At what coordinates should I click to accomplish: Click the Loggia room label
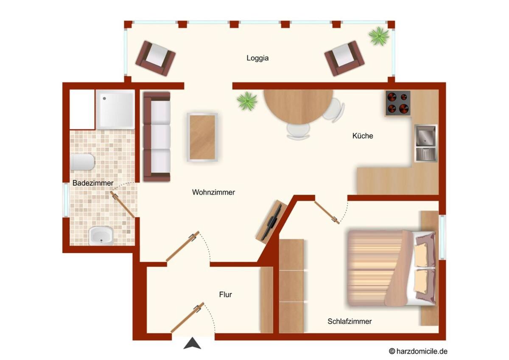point(257,58)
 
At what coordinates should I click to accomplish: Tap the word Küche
point(363,136)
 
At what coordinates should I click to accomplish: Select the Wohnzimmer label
point(213,192)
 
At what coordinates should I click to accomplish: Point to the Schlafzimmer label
point(350,321)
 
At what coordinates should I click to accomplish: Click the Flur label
point(225,295)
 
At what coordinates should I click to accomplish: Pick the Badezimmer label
point(93,183)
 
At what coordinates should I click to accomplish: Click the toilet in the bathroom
point(82,162)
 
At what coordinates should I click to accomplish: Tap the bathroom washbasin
point(101,236)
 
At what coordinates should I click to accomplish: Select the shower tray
point(115,110)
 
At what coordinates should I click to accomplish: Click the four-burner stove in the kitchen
point(398,103)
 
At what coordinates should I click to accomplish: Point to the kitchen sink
point(425,143)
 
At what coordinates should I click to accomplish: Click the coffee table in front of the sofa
point(202,138)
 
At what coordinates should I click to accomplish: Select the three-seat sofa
point(157,136)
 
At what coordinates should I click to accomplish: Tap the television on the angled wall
point(271,222)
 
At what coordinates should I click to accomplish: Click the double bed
point(391,268)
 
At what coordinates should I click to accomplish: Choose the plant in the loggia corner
point(379,36)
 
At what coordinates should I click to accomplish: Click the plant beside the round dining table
point(247,101)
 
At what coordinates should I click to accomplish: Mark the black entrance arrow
point(192,343)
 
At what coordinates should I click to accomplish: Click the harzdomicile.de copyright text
point(418,351)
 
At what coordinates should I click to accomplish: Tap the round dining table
point(298,107)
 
